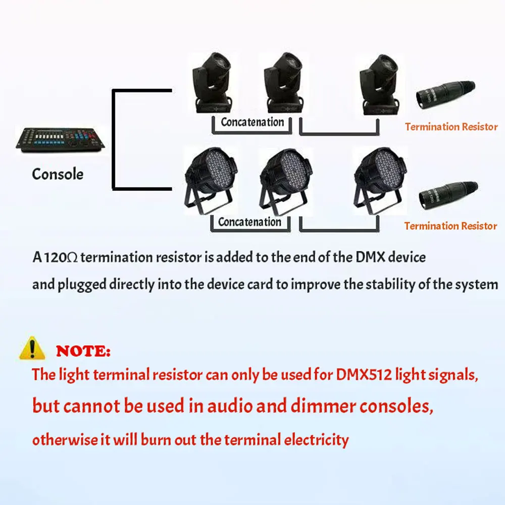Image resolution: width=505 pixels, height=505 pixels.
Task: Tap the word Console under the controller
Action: (58, 174)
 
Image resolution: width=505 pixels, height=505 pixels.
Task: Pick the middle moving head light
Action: (283, 83)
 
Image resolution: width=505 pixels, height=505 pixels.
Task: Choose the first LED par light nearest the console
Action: (210, 179)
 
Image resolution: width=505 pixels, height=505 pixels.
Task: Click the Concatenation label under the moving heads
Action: (252, 122)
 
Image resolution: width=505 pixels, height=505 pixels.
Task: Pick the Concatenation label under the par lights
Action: (249, 222)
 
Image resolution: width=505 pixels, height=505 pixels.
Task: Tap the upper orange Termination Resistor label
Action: (451, 127)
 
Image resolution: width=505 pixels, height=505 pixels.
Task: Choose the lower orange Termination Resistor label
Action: (450, 226)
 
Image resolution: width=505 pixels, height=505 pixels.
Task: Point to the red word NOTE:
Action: (83, 351)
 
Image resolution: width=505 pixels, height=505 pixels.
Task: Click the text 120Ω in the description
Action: (62, 258)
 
